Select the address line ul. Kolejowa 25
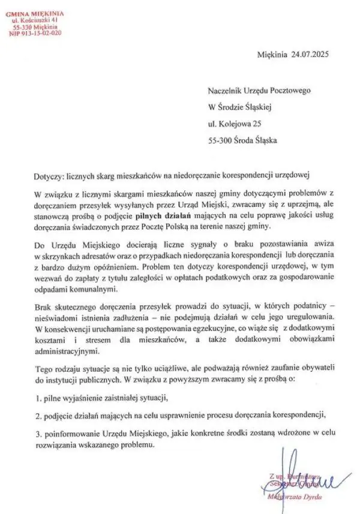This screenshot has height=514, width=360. pos(235,124)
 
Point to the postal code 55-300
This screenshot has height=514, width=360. pos(220,141)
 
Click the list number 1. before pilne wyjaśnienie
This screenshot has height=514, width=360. pos(37,398)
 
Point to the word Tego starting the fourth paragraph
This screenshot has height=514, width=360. pos(44,369)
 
